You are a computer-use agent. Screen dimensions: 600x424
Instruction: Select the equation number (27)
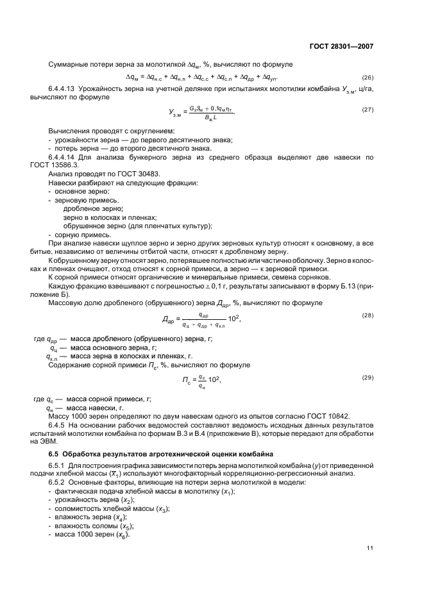(x=368, y=109)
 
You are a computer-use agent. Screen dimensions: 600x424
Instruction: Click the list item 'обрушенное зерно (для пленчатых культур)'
(x=137, y=226)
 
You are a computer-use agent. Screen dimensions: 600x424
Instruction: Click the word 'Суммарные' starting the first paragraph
(x=68, y=64)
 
